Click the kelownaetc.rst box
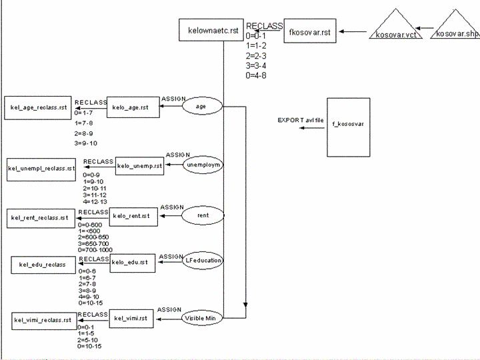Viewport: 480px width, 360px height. [x=211, y=31]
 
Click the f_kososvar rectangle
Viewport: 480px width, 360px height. [x=348, y=127]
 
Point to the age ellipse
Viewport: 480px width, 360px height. [x=201, y=106]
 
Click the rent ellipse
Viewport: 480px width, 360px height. [x=203, y=216]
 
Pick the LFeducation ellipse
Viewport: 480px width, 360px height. [x=203, y=261]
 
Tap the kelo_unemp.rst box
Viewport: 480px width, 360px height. [x=139, y=165]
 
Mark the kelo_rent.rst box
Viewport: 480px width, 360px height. [x=133, y=215]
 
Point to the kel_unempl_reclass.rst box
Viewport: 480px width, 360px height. [x=41, y=168]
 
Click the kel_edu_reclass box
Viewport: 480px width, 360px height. [x=43, y=265]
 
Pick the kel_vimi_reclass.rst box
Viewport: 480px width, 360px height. [x=43, y=321]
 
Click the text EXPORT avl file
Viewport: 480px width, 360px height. [x=299, y=121]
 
